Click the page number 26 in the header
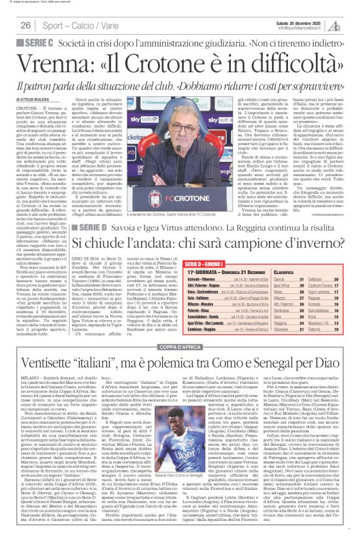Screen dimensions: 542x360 pyautogui.click(x=26, y=25)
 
